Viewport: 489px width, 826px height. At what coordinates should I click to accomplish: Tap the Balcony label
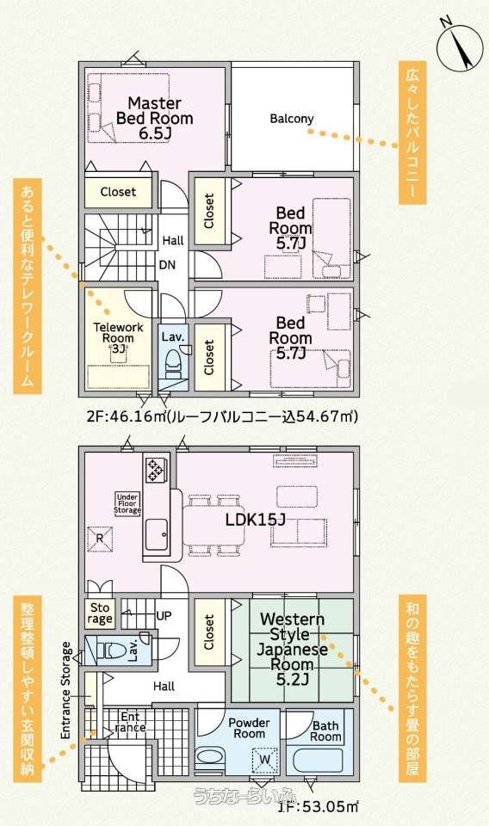(291, 119)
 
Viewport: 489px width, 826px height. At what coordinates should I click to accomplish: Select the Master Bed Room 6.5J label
(154, 119)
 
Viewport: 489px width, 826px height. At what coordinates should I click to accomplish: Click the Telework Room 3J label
(118, 337)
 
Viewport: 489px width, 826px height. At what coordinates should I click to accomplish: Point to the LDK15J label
(255, 520)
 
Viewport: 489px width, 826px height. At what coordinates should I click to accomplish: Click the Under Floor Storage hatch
(127, 503)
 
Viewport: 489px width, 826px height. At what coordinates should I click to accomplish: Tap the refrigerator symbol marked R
(100, 539)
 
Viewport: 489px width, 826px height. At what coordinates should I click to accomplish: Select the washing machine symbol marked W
(265, 759)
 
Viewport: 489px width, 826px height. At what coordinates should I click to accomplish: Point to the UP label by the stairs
(164, 615)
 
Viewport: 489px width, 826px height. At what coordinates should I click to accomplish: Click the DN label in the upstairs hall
(168, 265)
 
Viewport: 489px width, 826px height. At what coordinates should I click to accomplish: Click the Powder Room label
(250, 728)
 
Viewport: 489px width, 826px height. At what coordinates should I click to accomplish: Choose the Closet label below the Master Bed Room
(118, 192)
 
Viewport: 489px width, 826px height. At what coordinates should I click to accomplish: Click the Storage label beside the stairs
(100, 613)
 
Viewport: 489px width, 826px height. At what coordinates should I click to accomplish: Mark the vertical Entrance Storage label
(66, 690)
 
